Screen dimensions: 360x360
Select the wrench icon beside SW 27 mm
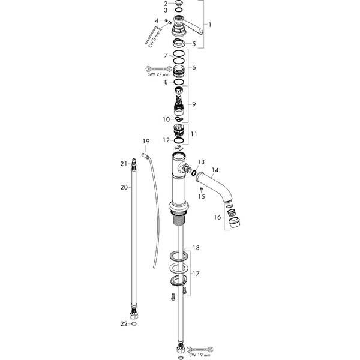pyautogui.click(x=155, y=68)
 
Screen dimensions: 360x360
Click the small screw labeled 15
pyautogui.click(x=202, y=188)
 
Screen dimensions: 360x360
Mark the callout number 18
pyautogui.click(x=195, y=247)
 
